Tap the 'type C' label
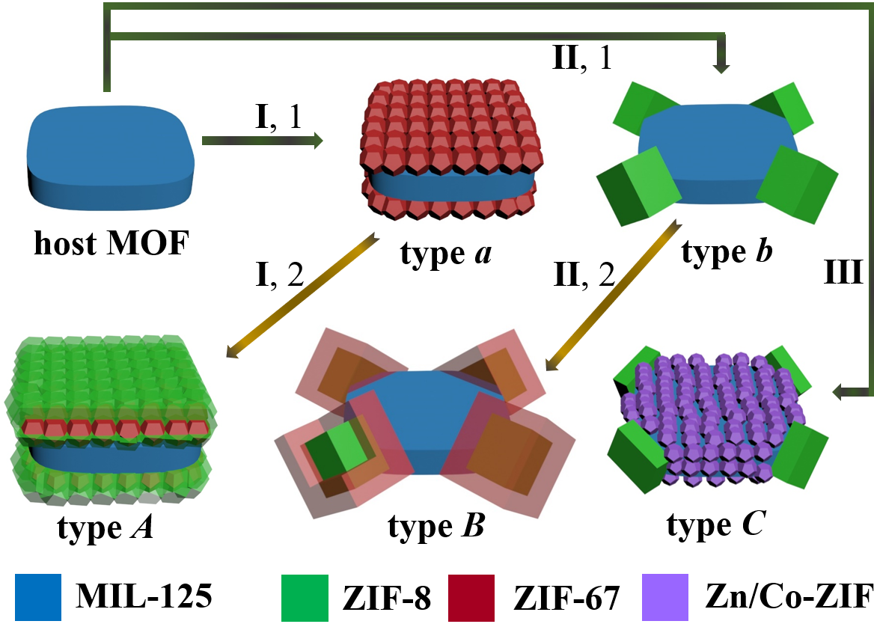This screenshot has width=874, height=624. (715, 527)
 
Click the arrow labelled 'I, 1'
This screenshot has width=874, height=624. (262, 139)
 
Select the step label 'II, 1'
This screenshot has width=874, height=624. (582, 58)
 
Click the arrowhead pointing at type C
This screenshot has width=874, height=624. (840, 391)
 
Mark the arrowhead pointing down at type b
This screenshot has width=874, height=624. (721, 66)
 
